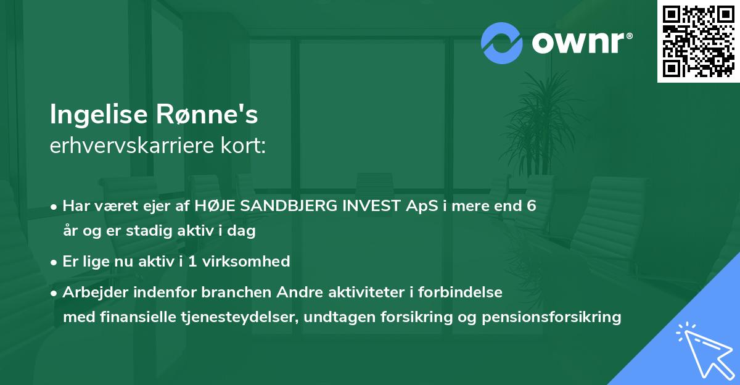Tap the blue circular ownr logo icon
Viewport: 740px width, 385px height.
pyautogui.click(x=501, y=43)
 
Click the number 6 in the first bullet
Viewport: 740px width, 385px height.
pyautogui.click(x=531, y=206)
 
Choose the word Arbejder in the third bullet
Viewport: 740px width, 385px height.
pyautogui.click(x=90, y=292)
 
